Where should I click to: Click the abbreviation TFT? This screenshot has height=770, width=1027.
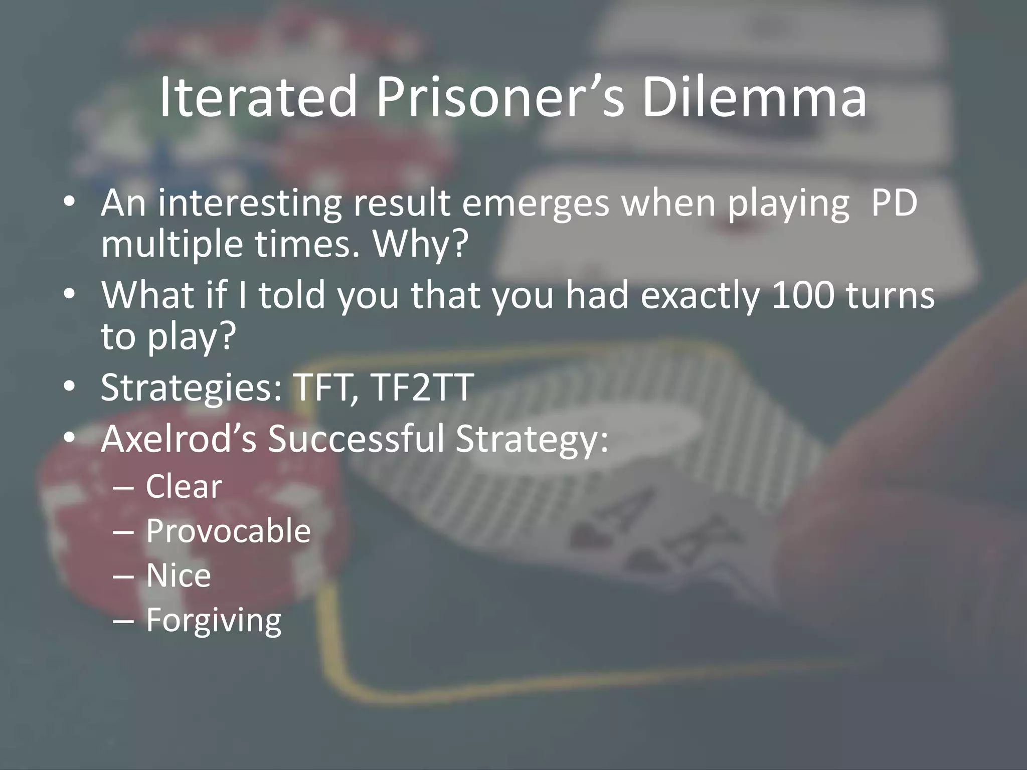[321, 387]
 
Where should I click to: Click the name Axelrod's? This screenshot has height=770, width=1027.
[179, 438]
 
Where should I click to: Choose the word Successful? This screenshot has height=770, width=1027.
[356, 438]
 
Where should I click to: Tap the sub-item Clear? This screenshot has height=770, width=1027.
[184, 486]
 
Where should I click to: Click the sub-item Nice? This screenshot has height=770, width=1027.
[179, 575]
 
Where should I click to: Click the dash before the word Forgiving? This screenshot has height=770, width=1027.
[123, 621]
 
